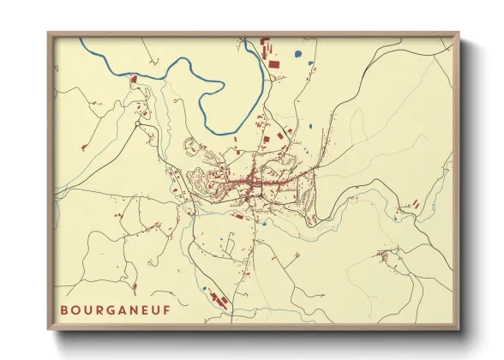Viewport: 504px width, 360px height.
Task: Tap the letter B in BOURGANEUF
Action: tap(64, 308)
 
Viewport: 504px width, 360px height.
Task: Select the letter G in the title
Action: tap(107, 308)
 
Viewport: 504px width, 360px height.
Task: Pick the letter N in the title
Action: tap(129, 308)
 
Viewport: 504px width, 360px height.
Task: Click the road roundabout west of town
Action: tap(136, 125)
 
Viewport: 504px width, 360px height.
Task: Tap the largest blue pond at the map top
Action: tap(297, 54)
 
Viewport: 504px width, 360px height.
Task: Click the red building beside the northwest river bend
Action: tap(135, 79)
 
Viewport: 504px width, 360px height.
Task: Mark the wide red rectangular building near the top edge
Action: tap(273, 63)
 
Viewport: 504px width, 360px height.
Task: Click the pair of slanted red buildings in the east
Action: tap(413, 204)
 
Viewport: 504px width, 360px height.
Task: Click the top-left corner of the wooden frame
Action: tap(48, 33)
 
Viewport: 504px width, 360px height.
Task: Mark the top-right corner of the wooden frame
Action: tap(459, 33)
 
